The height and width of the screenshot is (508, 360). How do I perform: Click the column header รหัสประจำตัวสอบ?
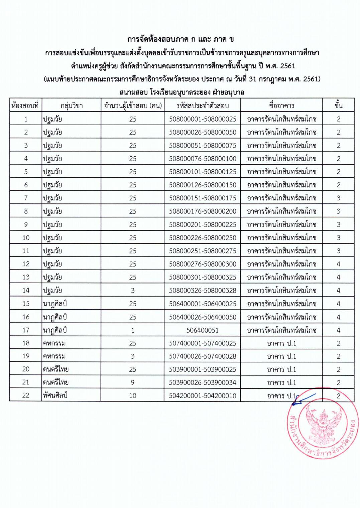(202, 106)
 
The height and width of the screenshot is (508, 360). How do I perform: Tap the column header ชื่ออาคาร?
(281, 106)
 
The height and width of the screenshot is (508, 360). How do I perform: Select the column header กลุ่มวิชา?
(72, 106)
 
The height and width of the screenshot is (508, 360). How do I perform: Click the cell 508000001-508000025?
(202, 119)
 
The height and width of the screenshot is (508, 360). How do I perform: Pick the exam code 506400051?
(202, 330)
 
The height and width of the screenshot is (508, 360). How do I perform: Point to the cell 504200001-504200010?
(202, 396)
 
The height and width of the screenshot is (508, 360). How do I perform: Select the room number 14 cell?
(26, 290)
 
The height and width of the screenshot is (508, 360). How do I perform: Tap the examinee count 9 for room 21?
(133, 382)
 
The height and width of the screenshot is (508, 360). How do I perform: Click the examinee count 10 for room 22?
(133, 396)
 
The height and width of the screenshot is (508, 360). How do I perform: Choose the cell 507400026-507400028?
(202, 356)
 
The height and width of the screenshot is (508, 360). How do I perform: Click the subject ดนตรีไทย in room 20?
(55, 369)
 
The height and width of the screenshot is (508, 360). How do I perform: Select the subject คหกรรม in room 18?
(54, 343)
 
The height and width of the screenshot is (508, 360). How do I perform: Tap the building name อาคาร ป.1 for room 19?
(281, 356)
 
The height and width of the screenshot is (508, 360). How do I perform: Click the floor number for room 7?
(338, 198)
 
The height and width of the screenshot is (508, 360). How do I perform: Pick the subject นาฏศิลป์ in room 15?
(55, 304)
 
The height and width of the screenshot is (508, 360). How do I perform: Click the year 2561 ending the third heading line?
(287, 66)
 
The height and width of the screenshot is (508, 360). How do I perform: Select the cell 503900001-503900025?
(202, 369)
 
